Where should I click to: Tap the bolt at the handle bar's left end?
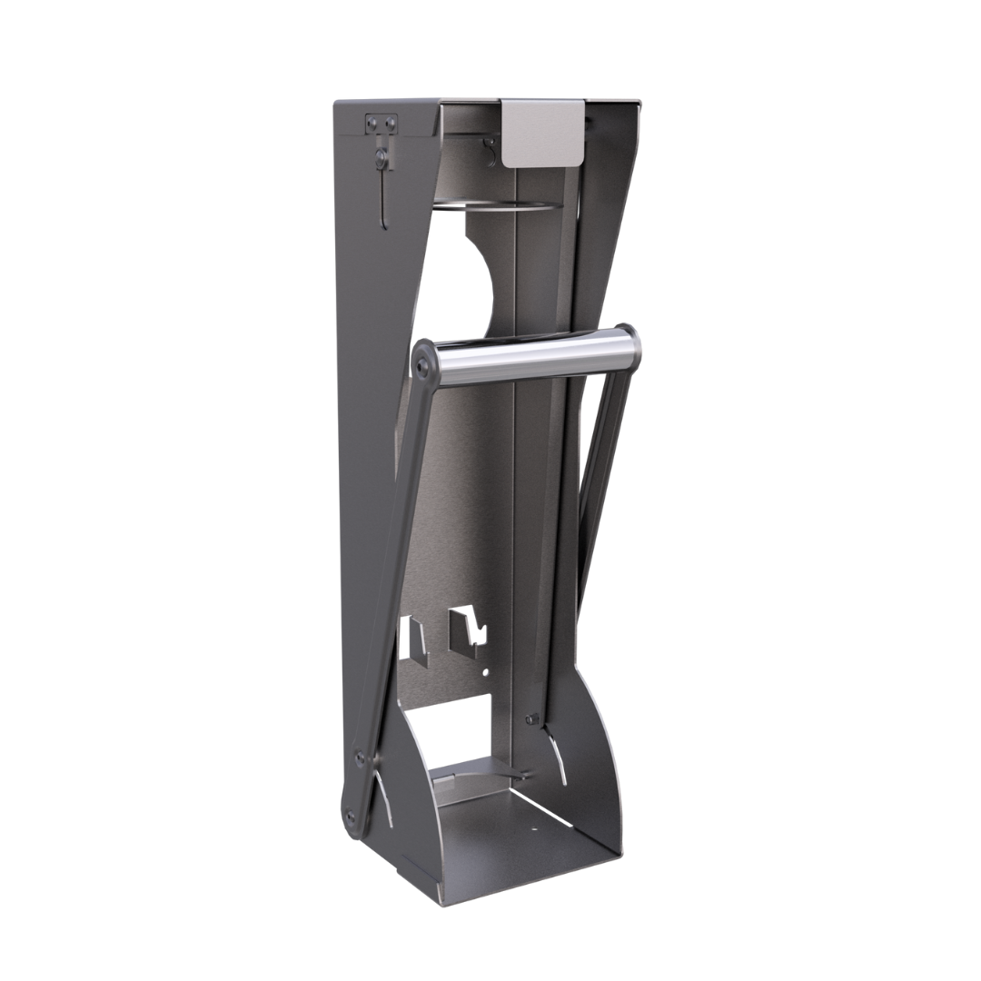[x=422, y=365]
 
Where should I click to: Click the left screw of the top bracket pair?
[x=372, y=122]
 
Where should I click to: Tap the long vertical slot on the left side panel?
[x=383, y=195]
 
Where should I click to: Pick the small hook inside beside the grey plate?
[x=489, y=152]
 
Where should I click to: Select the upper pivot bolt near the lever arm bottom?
[x=362, y=756]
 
